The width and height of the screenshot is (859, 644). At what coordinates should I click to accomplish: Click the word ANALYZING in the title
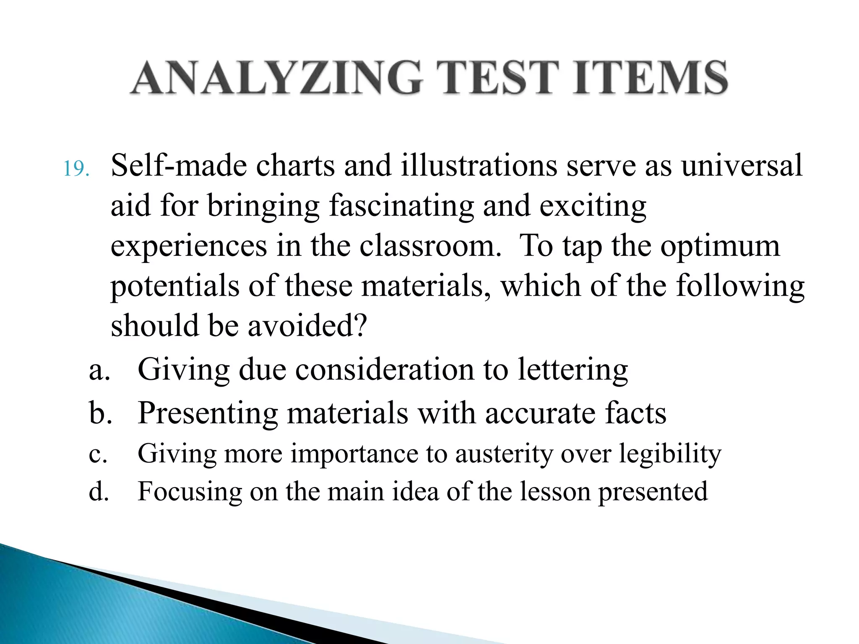tap(276, 78)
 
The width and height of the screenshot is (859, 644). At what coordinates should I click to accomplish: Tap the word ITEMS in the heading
tap(651, 78)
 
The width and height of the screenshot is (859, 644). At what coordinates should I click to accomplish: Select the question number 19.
tap(76, 169)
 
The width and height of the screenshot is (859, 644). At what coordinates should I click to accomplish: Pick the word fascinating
tap(401, 206)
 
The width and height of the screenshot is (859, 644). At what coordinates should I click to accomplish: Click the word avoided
tap(307, 326)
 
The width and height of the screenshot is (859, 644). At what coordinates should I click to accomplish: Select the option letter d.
tap(99, 492)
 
